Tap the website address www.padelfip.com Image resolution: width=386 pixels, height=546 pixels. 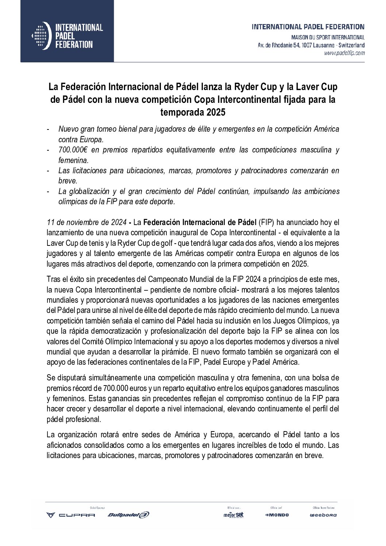pyautogui.click(x=344, y=53)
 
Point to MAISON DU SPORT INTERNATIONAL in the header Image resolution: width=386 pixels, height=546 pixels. pyautogui.click(x=328, y=38)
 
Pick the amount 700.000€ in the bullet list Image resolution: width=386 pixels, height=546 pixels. pyautogui.click(x=72, y=150)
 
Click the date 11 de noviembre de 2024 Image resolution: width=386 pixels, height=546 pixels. pyautogui.click(x=86, y=222)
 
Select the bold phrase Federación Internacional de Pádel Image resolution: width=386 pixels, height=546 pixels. pyautogui.click(x=200, y=222)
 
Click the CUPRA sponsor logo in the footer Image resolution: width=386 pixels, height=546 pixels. pyautogui.click(x=70, y=515)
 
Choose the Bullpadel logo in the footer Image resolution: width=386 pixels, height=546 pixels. pyautogui.click(x=128, y=515)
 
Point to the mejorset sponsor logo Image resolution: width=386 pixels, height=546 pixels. pyautogui.click(x=233, y=515)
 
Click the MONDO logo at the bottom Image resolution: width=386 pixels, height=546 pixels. pyautogui.click(x=277, y=515)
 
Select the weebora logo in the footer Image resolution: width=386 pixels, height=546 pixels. pyautogui.click(x=323, y=515)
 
